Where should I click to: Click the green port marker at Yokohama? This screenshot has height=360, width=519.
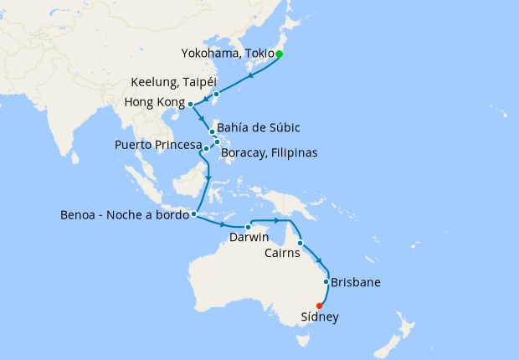point(280,54)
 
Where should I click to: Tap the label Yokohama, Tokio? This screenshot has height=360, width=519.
point(228,54)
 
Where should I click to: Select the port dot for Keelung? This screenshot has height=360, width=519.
point(216,94)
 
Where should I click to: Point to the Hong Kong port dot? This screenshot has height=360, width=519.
point(191,105)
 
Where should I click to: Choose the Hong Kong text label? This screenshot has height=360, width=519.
point(153,104)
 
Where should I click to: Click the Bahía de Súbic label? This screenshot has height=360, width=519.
point(258,127)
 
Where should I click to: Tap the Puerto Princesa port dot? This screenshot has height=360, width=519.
point(206,149)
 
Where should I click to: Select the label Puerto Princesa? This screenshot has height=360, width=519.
point(157,144)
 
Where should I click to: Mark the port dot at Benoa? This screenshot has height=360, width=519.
point(193,213)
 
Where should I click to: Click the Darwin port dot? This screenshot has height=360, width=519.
point(249,227)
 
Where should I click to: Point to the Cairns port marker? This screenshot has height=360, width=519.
point(300,243)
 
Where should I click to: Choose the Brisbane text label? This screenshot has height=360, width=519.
point(356,282)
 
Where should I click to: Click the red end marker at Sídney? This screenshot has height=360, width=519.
point(320,305)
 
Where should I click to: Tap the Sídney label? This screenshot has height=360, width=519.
point(320,318)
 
